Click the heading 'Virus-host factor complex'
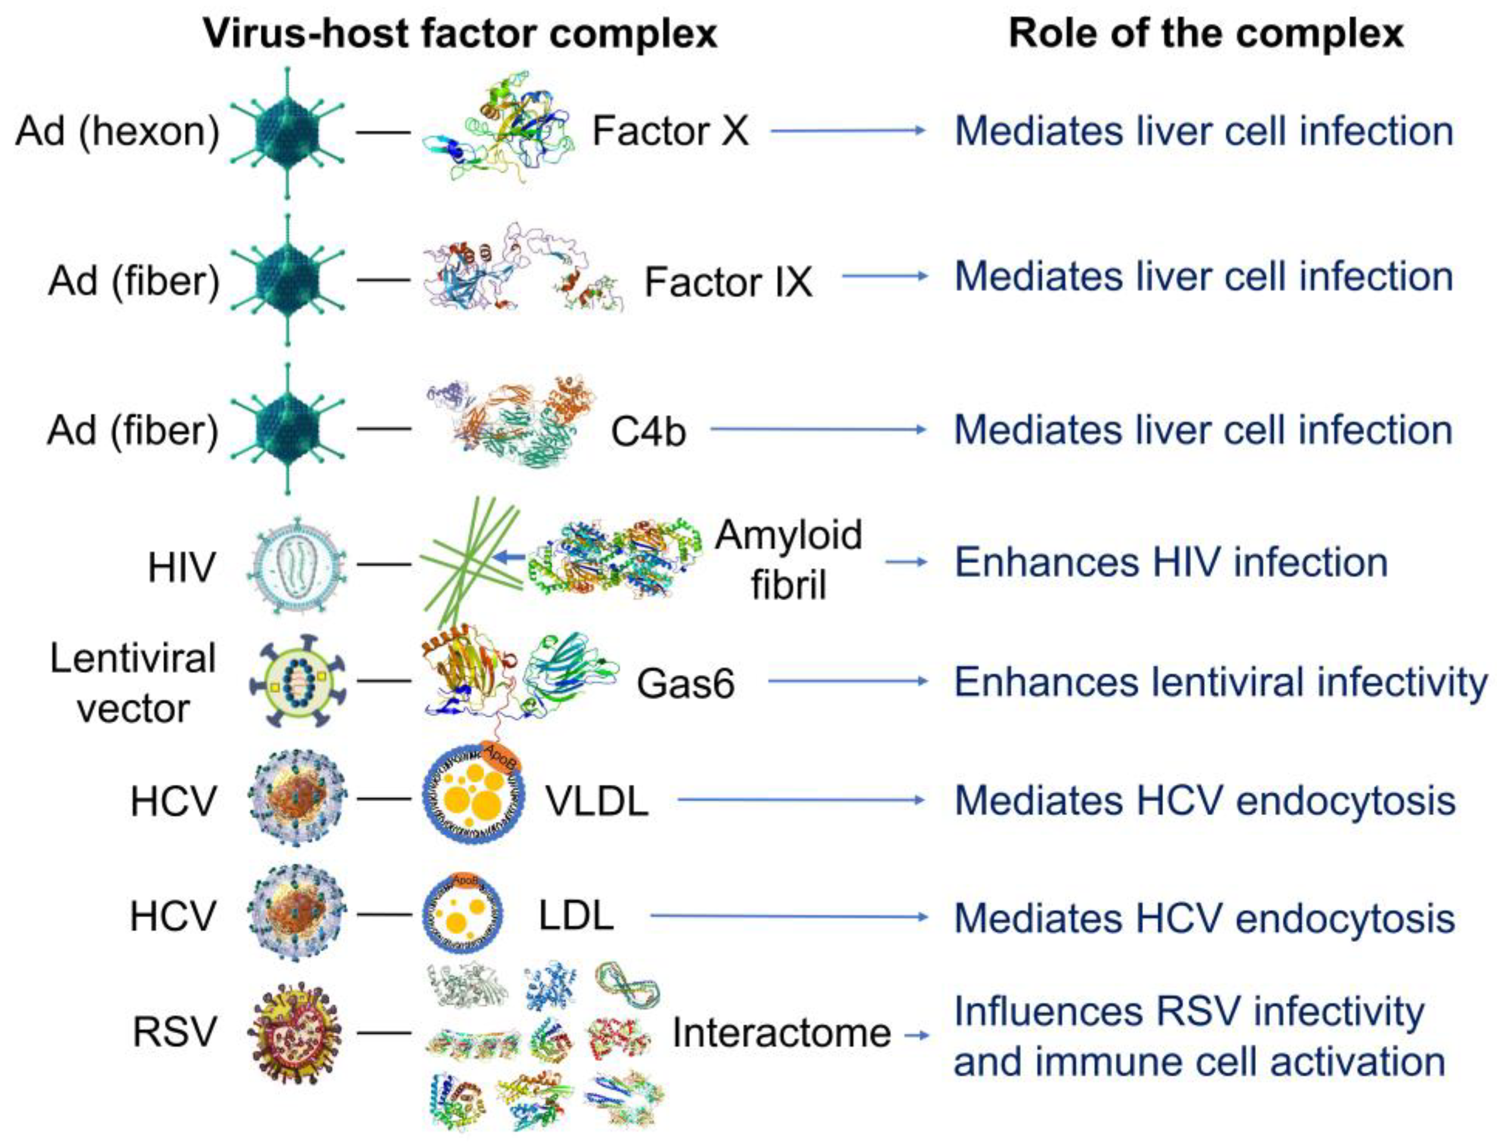click(460, 33)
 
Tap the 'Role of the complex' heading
click(1205, 33)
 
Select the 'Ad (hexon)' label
click(117, 130)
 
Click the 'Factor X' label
click(670, 130)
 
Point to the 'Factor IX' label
click(728, 281)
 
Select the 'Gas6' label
click(685, 683)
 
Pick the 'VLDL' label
click(597, 800)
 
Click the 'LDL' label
click(575, 916)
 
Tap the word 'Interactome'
click(781, 1032)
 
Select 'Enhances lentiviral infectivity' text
click(1220, 681)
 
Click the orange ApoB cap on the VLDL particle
click(500, 756)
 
